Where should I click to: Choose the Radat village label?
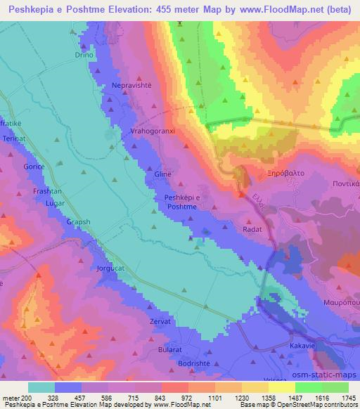[252, 229]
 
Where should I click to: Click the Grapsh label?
[78, 222]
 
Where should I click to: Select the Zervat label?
[160, 320]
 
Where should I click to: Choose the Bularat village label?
[172, 349]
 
